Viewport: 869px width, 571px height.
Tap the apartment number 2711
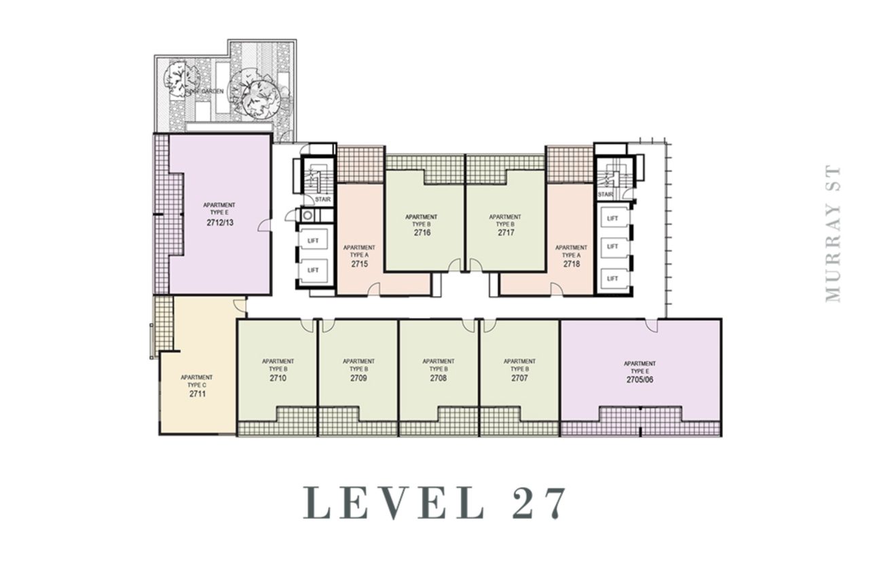coord(197,392)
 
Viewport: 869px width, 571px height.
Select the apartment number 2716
coord(422,232)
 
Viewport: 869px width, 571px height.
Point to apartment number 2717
coord(506,232)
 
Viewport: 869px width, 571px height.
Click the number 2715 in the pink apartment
coord(359,263)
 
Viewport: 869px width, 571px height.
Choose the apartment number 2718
coord(571,263)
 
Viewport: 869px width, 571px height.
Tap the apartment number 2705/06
coord(640,380)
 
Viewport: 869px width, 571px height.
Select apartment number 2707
coord(519,377)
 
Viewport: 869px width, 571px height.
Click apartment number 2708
coord(438,377)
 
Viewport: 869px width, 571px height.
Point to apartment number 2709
coord(358,377)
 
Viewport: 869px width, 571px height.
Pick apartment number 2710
coord(278,377)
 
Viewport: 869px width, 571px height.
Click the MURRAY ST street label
coord(833,234)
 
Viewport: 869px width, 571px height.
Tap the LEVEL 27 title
coord(434,504)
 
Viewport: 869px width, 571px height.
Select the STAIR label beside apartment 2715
coord(322,200)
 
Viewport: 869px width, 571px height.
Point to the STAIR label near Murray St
coord(605,195)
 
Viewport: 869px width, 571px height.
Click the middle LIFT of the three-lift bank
coord(612,246)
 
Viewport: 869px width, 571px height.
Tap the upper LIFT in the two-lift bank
coord(313,240)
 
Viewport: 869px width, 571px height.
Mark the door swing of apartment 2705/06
coord(652,325)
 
